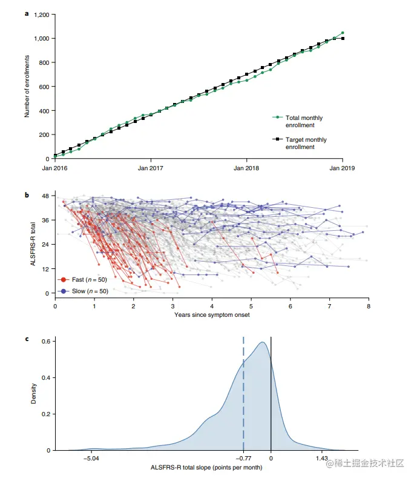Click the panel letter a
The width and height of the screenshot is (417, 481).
tap(26, 12)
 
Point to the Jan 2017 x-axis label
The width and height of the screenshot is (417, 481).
tap(150, 168)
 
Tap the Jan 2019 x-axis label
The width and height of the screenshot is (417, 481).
tap(343, 168)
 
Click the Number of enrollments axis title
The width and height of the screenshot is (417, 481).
tap(27, 86)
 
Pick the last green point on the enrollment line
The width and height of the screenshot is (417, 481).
tap(343, 33)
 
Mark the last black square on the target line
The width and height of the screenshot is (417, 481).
tap(343, 38)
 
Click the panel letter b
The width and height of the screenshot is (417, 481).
tap(26, 195)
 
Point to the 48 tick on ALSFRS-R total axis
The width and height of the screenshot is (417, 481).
tap(44, 196)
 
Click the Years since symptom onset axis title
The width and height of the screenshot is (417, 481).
tap(211, 315)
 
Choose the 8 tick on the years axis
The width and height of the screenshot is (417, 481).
tap(367, 307)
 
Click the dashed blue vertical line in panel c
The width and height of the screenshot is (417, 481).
tap(243, 394)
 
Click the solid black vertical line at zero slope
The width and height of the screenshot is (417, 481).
tap(271, 394)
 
